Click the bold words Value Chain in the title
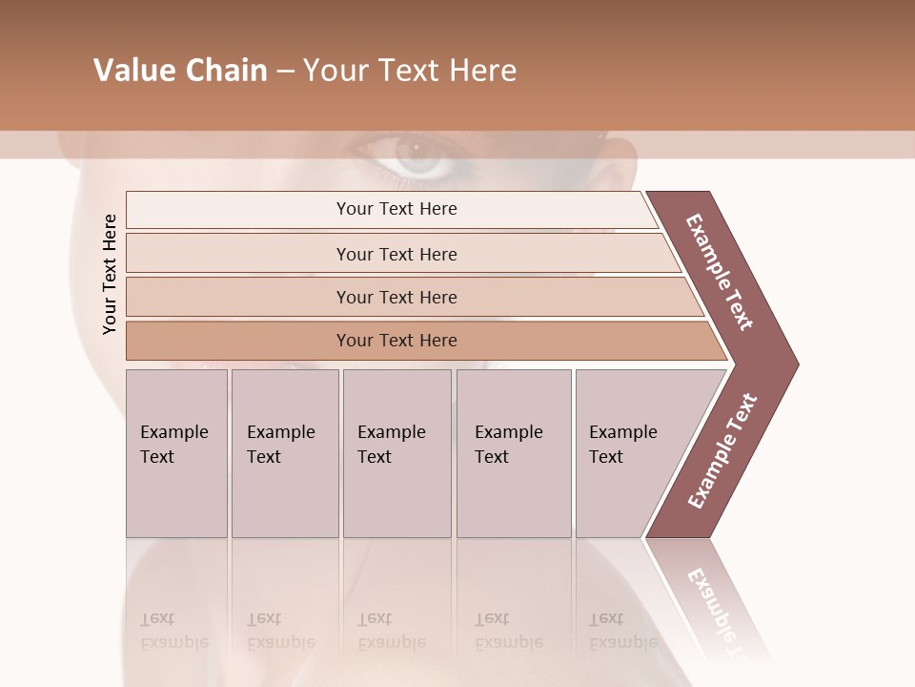(180, 71)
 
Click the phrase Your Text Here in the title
(410, 71)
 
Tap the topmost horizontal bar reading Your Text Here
(396, 209)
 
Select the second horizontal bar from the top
(396, 254)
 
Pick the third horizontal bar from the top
(396, 297)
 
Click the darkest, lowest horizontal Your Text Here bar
(396, 341)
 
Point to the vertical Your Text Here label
(110, 274)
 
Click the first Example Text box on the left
(176, 453)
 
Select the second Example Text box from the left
(285, 453)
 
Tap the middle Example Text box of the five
(396, 453)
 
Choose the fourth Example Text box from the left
(514, 453)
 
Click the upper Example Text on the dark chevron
(720, 272)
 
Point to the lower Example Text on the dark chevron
(722, 451)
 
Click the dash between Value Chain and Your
(285, 72)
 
